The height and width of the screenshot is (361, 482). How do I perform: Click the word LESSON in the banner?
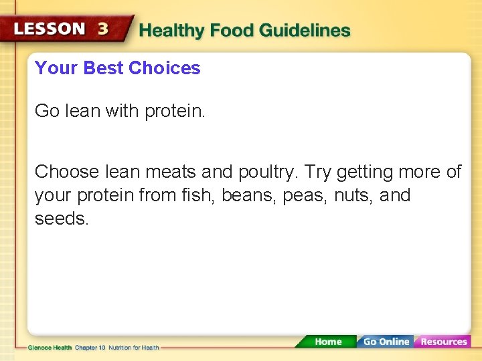tap(50, 29)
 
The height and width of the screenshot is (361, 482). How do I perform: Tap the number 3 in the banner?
tap(103, 29)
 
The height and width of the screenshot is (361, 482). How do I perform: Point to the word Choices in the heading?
tap(164, 68)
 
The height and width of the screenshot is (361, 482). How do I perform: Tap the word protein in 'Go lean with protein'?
tap(175, 111)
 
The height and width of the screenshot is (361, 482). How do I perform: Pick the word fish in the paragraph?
tap(199, 196)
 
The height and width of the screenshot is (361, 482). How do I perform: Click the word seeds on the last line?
tap(61, 219)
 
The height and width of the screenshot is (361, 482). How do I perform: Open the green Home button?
tap(327, 342)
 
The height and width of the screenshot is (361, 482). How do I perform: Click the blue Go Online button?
tap(386, 342)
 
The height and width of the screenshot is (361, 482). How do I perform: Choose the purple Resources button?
tap(443, 342)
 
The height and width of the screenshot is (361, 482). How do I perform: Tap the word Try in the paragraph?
tap(319, 172)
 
